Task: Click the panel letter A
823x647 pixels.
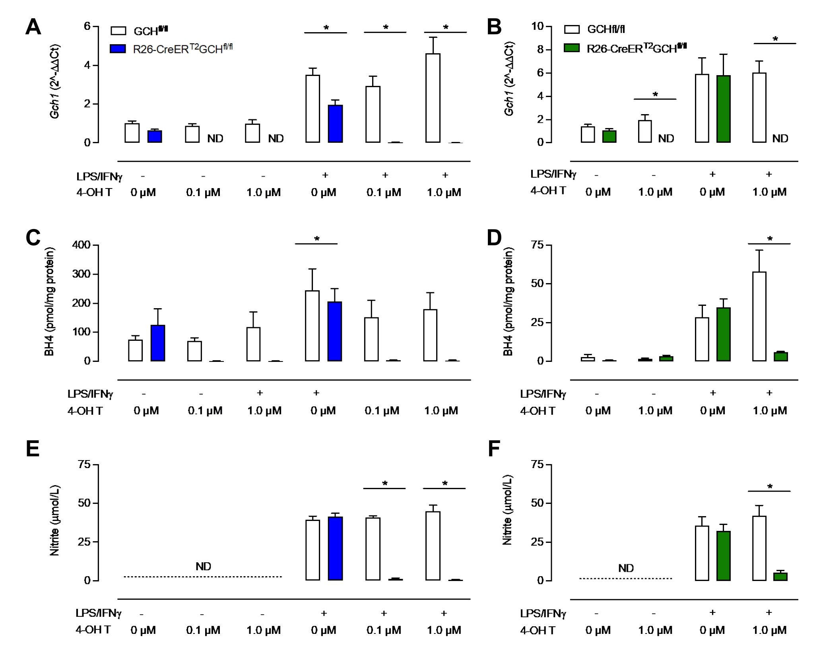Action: pos(33,27)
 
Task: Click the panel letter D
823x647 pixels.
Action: pos(494,238)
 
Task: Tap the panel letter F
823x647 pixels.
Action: pos(493,449)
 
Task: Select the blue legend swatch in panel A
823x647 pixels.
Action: pos(118,49)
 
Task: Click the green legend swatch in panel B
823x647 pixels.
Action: pos(572,48)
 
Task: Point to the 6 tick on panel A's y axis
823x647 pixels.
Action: pos(87,26)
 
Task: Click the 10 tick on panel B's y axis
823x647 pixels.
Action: pos(538,26)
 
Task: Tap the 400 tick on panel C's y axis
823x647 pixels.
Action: pos(82,245)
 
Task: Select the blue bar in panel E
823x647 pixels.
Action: pos(335,548)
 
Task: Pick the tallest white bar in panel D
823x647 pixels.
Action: pos(759,316)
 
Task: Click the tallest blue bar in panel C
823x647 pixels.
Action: pos(335,331)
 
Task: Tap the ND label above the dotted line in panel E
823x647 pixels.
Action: pos(203,566)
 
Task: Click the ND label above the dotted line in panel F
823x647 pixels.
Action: pos(626,568)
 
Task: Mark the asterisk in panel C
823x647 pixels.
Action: pos(316,239)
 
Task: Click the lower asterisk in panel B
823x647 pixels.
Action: pos(655,95)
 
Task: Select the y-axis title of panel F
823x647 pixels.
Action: pos(507,510)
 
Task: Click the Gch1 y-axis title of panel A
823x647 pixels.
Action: pos(55,82)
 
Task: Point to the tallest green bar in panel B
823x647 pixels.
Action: pos(723,109)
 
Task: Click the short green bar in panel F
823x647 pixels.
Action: pos(780,576)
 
